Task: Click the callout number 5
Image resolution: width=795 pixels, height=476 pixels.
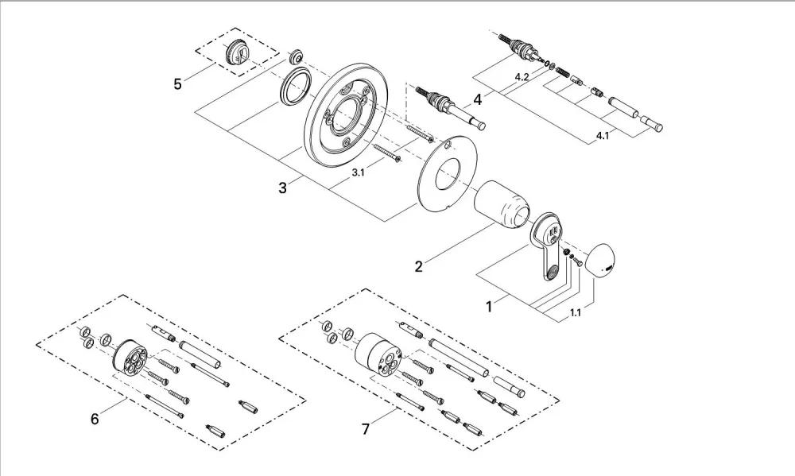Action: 177,83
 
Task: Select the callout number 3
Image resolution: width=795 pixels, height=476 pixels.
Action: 282,188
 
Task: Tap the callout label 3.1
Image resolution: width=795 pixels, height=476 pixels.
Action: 359,173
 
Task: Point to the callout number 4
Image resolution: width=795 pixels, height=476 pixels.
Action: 477,100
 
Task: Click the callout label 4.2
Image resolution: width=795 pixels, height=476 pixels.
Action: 522,77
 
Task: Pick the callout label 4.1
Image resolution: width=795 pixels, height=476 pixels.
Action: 603,136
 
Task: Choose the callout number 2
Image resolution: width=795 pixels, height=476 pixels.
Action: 418,267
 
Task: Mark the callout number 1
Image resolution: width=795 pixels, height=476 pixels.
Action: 489,308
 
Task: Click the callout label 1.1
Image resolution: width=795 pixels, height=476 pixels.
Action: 575,313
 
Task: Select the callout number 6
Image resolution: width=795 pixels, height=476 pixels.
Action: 95,420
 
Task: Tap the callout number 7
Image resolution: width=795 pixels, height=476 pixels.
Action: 366,429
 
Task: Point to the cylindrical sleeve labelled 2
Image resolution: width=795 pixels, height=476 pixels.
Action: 503,204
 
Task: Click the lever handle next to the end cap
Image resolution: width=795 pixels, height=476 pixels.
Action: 548,243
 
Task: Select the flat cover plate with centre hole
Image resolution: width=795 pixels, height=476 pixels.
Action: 440,170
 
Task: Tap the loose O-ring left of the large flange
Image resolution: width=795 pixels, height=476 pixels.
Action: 295,86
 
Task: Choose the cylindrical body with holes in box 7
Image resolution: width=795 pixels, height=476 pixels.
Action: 379,350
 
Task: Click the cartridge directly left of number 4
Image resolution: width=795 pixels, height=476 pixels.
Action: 451,108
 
